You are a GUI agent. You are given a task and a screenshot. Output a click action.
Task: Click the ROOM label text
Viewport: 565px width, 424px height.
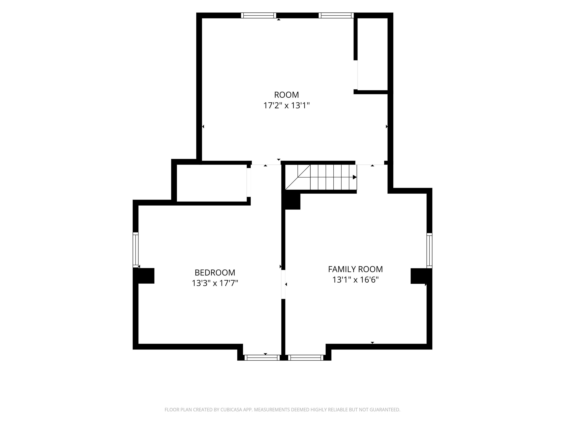click(286, 95)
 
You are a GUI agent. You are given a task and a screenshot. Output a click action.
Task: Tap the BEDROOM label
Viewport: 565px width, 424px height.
click(215, 273)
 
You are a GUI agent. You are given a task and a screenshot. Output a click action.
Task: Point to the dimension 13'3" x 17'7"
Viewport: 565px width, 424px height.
click(215, 283)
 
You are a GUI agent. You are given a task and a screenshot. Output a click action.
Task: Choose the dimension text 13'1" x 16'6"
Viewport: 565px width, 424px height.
click(355, 280)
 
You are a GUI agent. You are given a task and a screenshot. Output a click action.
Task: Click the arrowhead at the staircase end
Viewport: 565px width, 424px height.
click(355, 177)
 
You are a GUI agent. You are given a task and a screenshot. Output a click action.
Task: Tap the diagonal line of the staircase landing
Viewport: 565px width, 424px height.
click(298, 177)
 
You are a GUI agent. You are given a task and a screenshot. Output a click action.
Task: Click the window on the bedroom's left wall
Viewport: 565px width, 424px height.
click(136, 250)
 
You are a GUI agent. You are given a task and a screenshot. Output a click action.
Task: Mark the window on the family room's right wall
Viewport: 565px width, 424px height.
click(429, 250)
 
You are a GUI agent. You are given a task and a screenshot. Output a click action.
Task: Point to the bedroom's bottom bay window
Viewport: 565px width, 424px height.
click(262, 358)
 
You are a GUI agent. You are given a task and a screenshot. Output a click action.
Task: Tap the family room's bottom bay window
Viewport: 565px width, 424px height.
click(305, 358)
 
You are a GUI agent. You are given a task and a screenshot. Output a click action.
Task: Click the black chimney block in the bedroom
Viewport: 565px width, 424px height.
click(144, 276)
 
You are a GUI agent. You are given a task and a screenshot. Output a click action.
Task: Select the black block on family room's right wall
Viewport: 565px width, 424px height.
click(421, 276)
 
